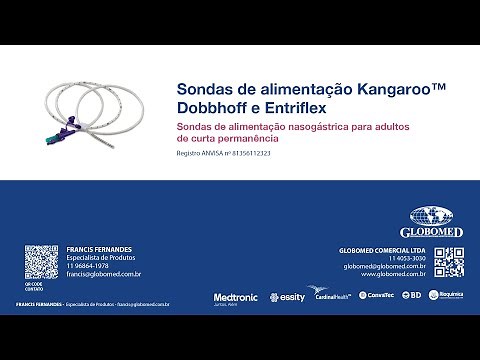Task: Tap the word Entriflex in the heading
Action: (307, 106)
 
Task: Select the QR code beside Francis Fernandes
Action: (40, 263)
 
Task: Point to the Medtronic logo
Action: (235, 297)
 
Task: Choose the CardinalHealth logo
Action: (331, 296)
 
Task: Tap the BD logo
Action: (414, 296)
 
